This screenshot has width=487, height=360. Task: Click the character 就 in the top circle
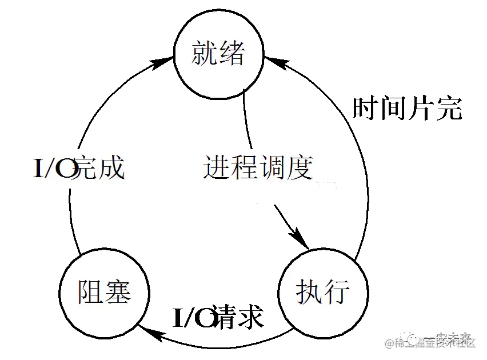coord(204,54)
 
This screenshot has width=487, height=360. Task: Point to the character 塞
coord(118,291)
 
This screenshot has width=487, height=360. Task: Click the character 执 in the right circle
coord(309,291)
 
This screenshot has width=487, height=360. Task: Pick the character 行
coord(337,291)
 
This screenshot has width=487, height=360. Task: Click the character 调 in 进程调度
coord(272,168)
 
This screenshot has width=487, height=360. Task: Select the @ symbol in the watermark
coord(389,342)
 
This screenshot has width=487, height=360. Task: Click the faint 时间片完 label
coord(407,108)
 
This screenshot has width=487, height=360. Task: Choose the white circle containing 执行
coord(323,292)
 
